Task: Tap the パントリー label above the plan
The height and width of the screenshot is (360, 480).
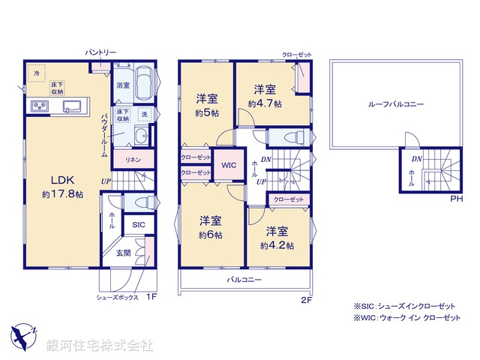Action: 100,52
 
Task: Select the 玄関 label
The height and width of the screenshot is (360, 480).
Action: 124,253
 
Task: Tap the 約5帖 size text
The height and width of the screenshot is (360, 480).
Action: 207,113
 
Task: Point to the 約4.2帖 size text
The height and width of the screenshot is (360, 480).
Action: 277,245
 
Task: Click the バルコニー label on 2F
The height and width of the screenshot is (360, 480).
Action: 244,280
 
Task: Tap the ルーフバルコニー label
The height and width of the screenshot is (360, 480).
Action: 385,105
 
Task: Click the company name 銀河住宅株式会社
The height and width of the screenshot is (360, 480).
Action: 99,346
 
